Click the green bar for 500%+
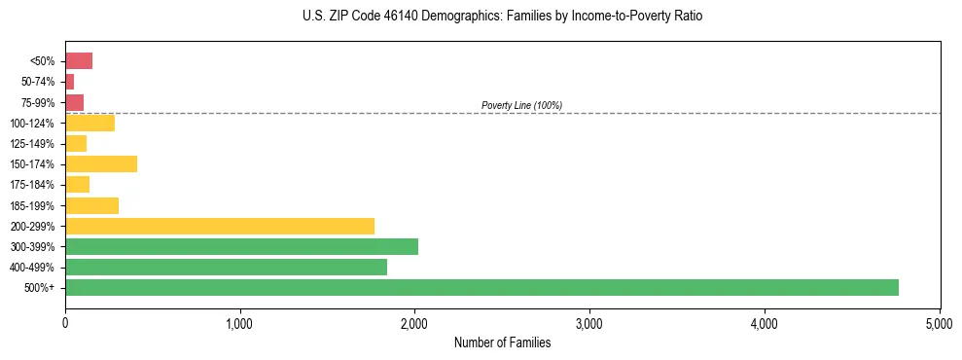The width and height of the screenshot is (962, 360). [481, 287]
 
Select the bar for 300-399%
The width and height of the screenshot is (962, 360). [241, 246]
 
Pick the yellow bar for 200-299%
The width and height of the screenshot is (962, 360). [220, 226]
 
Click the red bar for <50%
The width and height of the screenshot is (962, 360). [79, 61]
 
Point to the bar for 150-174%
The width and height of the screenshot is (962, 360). [101, 164]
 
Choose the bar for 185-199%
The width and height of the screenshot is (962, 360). [91, 205]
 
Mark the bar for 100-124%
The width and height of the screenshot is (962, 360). [89, 123]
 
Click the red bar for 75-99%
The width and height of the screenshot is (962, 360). [74, 102]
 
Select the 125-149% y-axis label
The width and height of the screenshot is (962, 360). [35, 144]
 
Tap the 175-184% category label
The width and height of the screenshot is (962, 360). [35, 185]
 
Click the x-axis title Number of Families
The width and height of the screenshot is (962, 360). [502, 342]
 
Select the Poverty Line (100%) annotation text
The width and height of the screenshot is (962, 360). [521, 105]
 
